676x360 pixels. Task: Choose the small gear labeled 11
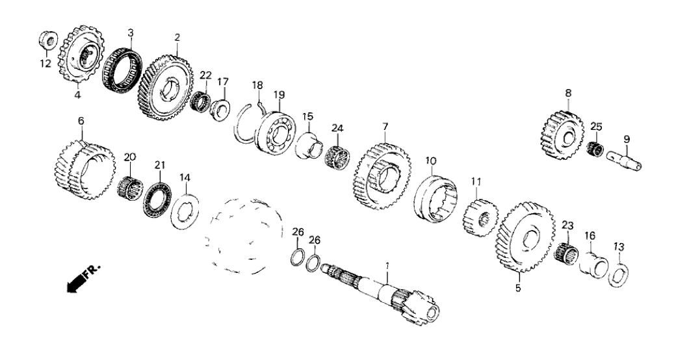coord(480,216)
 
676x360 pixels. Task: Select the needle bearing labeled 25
coord(595,149)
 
